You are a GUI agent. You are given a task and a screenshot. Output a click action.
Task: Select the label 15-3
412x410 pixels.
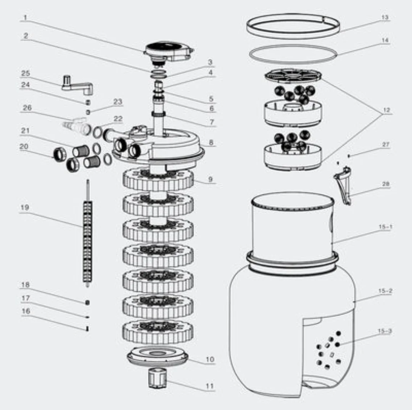tap(385, 331)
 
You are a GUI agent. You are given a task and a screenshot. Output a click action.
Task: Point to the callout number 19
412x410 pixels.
tap(25, 207)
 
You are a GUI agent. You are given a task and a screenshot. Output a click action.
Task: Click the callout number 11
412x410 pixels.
tap(209, 386)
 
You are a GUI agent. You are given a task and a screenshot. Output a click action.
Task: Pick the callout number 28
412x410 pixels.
tap(386, 184)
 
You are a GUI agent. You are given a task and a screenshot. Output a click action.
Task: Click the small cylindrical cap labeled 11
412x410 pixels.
tap(157, 377)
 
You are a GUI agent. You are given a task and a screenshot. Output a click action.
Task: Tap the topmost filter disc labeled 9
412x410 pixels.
tap(158, 180)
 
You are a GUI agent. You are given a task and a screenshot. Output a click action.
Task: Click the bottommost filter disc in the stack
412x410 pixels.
tap(158, 331)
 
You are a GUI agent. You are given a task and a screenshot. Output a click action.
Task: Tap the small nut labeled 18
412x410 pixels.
tap(88, 302)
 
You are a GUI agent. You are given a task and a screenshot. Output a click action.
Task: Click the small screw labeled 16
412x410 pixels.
tap(88, 329)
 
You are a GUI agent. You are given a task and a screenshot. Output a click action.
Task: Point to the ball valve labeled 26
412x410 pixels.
tap(76, 125)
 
